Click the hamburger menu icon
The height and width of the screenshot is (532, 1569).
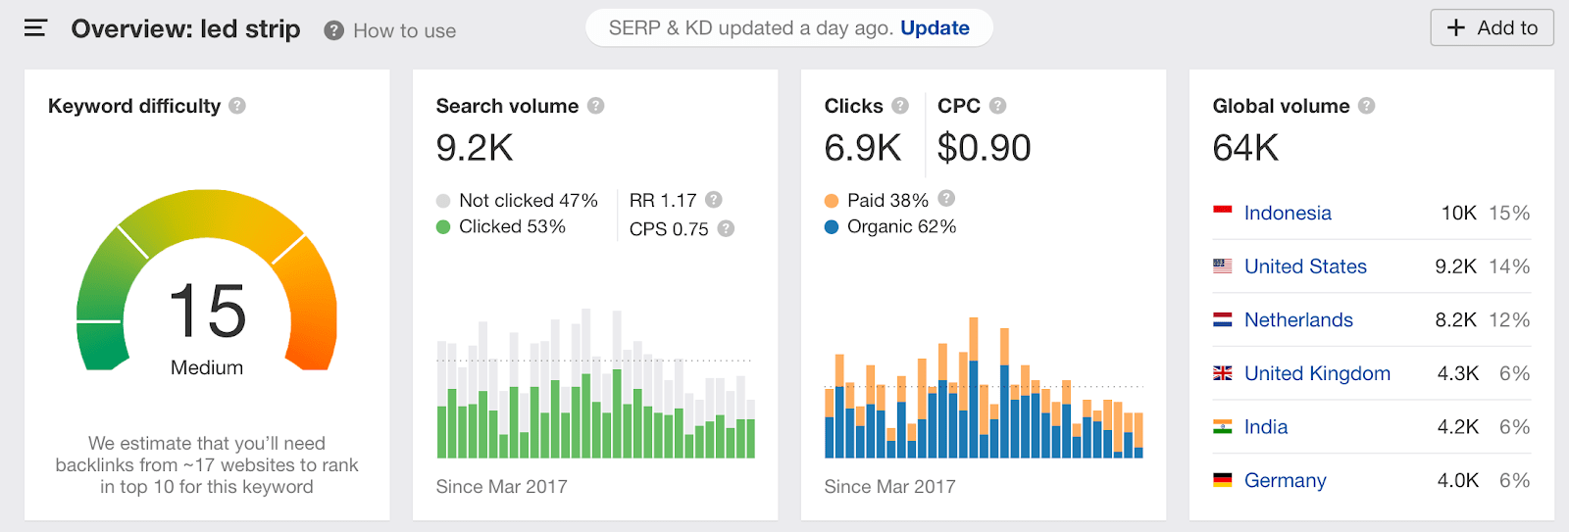[x=35, y=28]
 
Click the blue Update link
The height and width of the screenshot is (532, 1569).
[x=935, y=28]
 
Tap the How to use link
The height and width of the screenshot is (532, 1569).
[x=404, y=31]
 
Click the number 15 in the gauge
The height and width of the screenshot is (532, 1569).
[x=207, y=312]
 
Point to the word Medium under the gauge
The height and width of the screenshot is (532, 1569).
[x=207, y=367]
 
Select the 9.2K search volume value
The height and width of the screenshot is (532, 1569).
[x=475, y=148]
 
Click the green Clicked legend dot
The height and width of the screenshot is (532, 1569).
[x=443, y=227]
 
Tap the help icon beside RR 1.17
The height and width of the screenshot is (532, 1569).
[x=714, y=200]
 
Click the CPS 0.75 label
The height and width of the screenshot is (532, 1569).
[x=669, y=229]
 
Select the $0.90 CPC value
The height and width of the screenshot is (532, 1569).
[x=984, y=148]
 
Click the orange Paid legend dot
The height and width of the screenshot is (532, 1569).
[x=832, y=201]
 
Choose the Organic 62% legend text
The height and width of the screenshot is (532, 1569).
[x=901, y=227]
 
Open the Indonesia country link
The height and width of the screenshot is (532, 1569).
[x=1288, y=214]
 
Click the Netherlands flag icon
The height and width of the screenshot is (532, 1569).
[x=1223, y=320]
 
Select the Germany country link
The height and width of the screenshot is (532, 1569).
[x=1285, y=481]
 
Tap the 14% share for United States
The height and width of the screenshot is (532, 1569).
[x=1509, y=266]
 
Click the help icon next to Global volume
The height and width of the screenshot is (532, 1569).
[x=1367, y=106]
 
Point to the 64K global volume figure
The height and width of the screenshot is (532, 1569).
[x=1245, y=148]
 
